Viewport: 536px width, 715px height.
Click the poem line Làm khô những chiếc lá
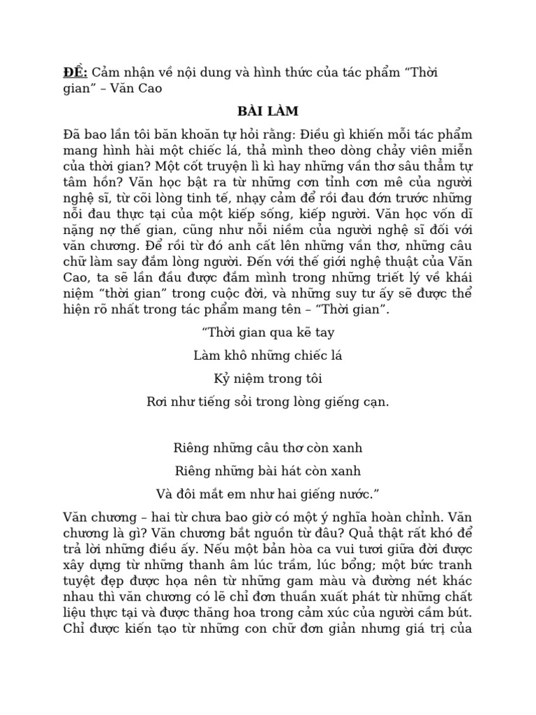[268, 356]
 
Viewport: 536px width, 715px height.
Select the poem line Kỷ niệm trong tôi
[268, 379]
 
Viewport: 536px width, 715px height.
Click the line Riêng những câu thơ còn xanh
[268, 448]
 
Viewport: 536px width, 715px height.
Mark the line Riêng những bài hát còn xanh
[268, 471]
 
